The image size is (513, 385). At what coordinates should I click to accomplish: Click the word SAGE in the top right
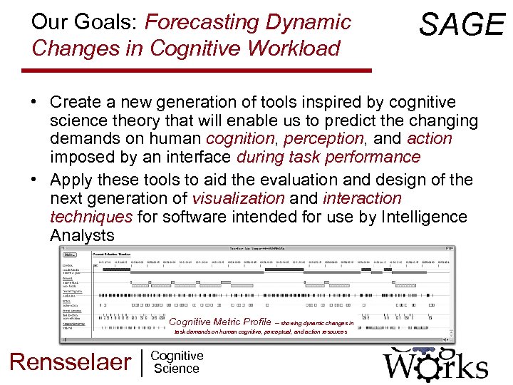point(462,25)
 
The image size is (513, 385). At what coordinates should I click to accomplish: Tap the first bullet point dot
point(34,103)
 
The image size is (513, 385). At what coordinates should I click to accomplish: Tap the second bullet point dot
point(34,180)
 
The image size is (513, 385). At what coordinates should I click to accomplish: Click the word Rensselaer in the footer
point(70,361)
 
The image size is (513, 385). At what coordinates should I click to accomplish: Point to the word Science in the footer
point(176,369)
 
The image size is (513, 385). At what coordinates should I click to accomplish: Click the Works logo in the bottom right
point(435,364)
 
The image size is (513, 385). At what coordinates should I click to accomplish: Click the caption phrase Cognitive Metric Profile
point(220,322)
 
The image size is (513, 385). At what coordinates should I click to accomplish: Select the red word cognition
point(239,138)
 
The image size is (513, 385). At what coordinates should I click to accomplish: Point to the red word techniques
point(91,217)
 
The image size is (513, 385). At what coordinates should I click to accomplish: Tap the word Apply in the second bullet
point(75,180)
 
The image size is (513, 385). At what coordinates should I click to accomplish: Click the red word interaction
point(362,198)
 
